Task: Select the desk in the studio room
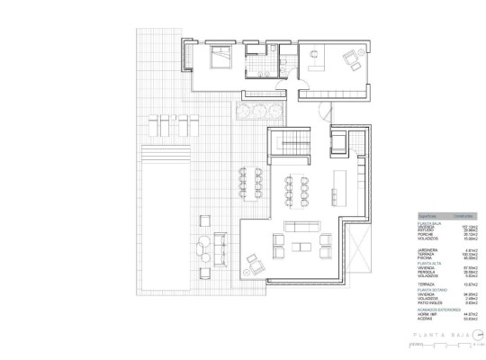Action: [315, 57]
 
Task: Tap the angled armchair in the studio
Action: [348, 61]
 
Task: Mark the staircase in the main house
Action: [289, 141]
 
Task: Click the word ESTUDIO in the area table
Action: [427, 229]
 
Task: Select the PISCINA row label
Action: [426, 258]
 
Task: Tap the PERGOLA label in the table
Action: [427, 270]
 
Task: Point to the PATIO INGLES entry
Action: [431, 302]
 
